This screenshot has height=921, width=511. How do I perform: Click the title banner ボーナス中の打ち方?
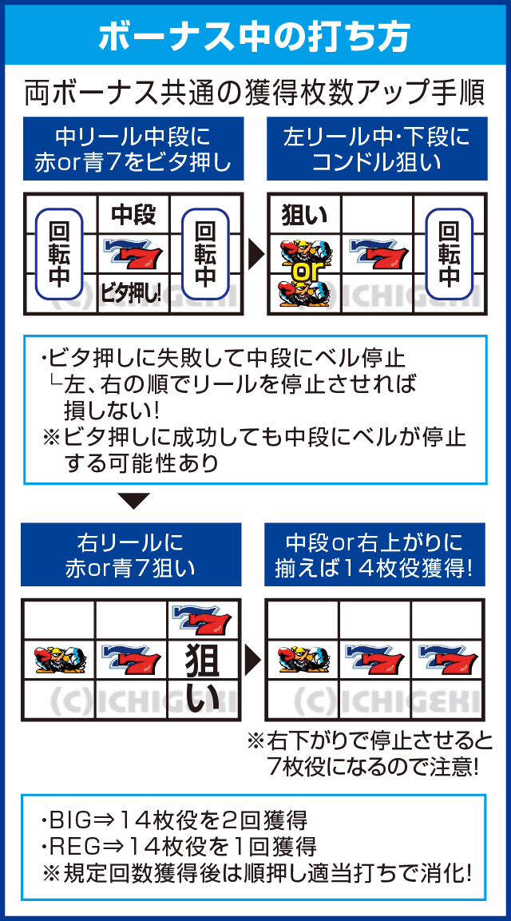[x=255, y=36]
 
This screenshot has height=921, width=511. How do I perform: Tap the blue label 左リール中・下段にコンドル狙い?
[x=376, y=149]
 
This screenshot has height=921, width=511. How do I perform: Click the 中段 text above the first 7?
[x=133, y=215]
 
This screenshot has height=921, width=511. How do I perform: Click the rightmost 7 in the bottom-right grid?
[x=447, y=659]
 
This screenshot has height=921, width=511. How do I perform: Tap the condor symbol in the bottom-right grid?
[x=301, y=660]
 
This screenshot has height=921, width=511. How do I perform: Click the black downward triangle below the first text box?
[x=133, y=501]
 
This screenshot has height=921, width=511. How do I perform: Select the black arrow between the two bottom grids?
[x=254, y=659]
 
